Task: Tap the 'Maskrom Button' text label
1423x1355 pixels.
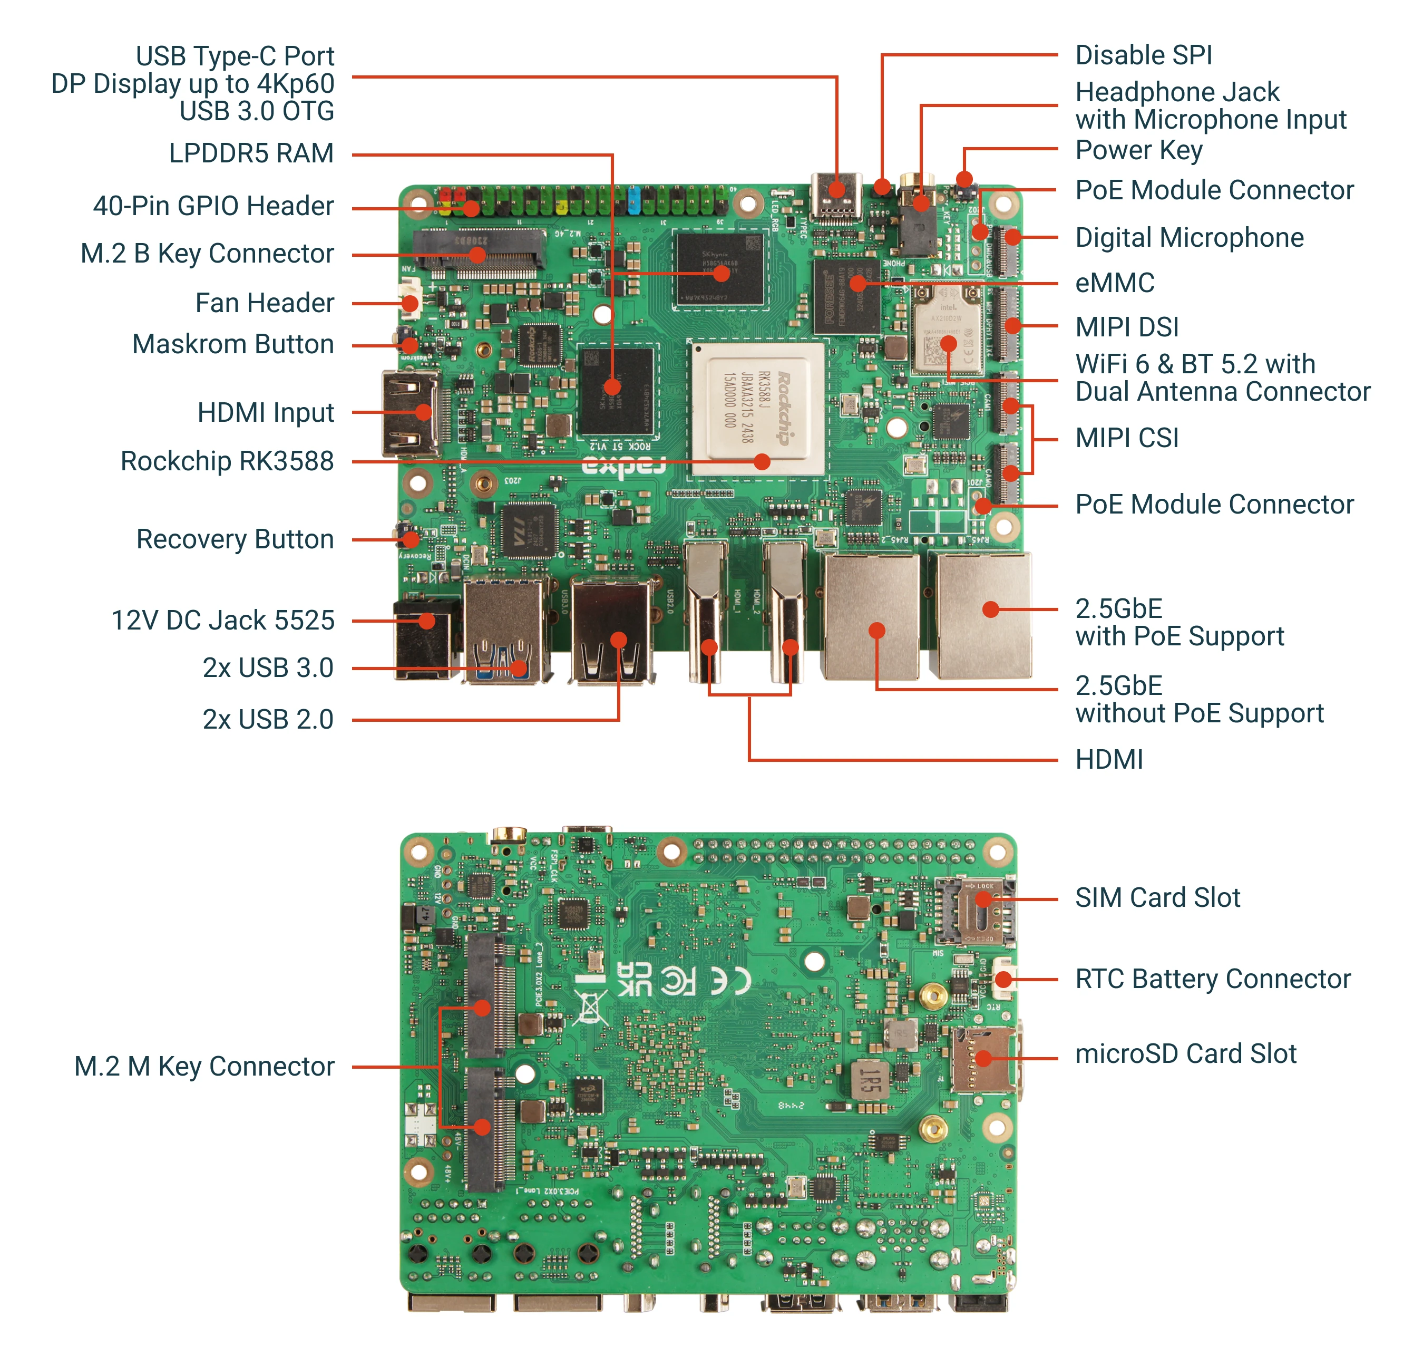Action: (232, 344)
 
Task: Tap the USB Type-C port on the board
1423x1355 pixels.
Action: (836, 195)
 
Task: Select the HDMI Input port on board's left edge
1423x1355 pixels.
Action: (410, 414)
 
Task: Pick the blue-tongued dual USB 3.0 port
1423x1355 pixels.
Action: (503, 632)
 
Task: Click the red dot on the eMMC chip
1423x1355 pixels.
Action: (857, 284)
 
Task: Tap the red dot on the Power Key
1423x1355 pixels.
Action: (964, 178)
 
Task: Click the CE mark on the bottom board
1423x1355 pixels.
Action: (730, 981)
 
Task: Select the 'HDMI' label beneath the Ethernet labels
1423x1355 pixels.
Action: (1108, 760)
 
